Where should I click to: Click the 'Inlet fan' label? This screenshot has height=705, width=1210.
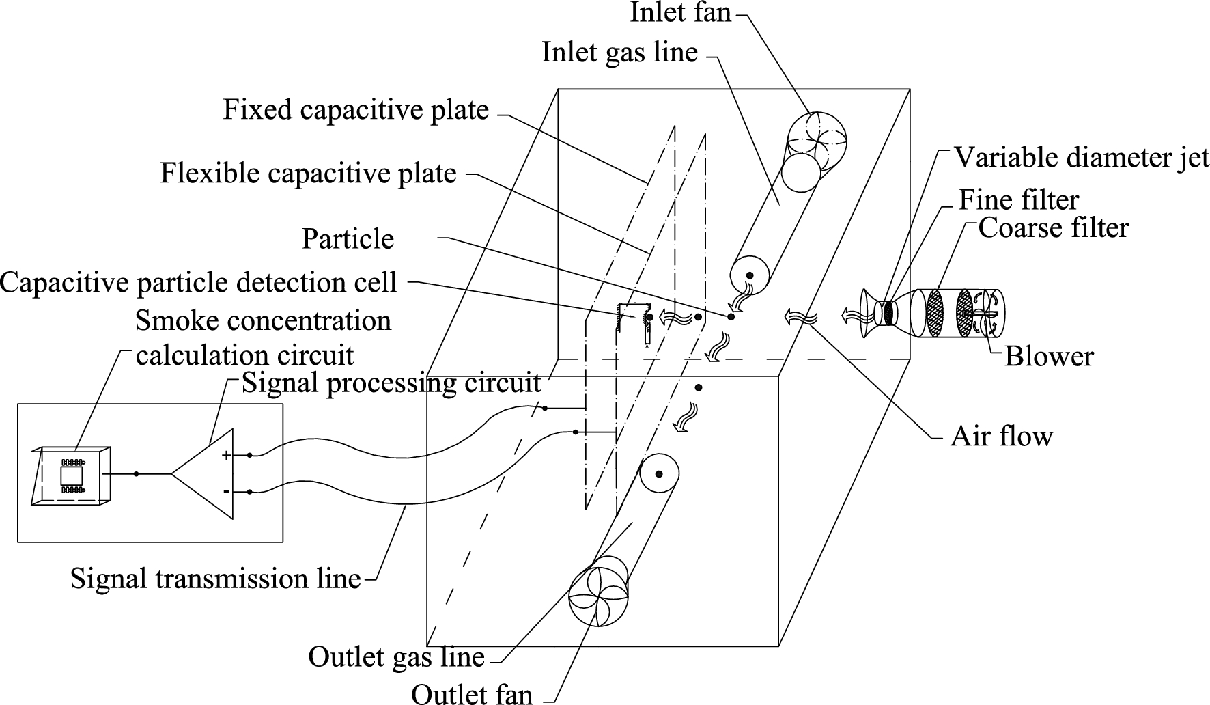click(680, 12)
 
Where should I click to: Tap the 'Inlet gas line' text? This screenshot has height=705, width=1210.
click(619, 53)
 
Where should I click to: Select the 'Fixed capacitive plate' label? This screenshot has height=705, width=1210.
click(356, 110)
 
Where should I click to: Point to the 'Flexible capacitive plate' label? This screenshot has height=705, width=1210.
click(308, 174)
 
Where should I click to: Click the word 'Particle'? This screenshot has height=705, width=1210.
click(348, 239)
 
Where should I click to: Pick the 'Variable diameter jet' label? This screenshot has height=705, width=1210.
click(1081, 158)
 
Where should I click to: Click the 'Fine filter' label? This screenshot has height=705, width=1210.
click(1018, 200)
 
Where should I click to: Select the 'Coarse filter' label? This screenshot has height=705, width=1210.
click(1053, 228)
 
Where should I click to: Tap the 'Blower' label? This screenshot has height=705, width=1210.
click(1049, 357)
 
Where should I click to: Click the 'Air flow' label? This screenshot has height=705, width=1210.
click(1001, 436)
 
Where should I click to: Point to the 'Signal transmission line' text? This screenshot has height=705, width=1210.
click(215, 579)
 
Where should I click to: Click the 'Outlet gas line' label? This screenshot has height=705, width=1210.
click(396, 657)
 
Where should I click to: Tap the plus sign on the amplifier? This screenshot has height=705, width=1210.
click(226, 455)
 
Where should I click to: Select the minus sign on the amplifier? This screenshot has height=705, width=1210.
click(226, 491)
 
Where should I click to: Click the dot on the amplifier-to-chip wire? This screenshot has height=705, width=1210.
click(137, 473)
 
